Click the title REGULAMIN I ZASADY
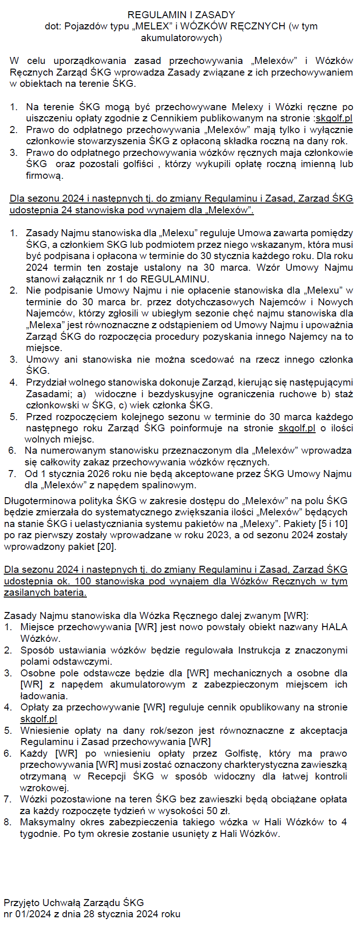181,15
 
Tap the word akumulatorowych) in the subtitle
181,38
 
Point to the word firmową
44,176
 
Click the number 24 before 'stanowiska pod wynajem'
66,210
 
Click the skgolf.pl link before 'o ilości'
297,428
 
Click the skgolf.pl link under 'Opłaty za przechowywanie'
39,719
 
